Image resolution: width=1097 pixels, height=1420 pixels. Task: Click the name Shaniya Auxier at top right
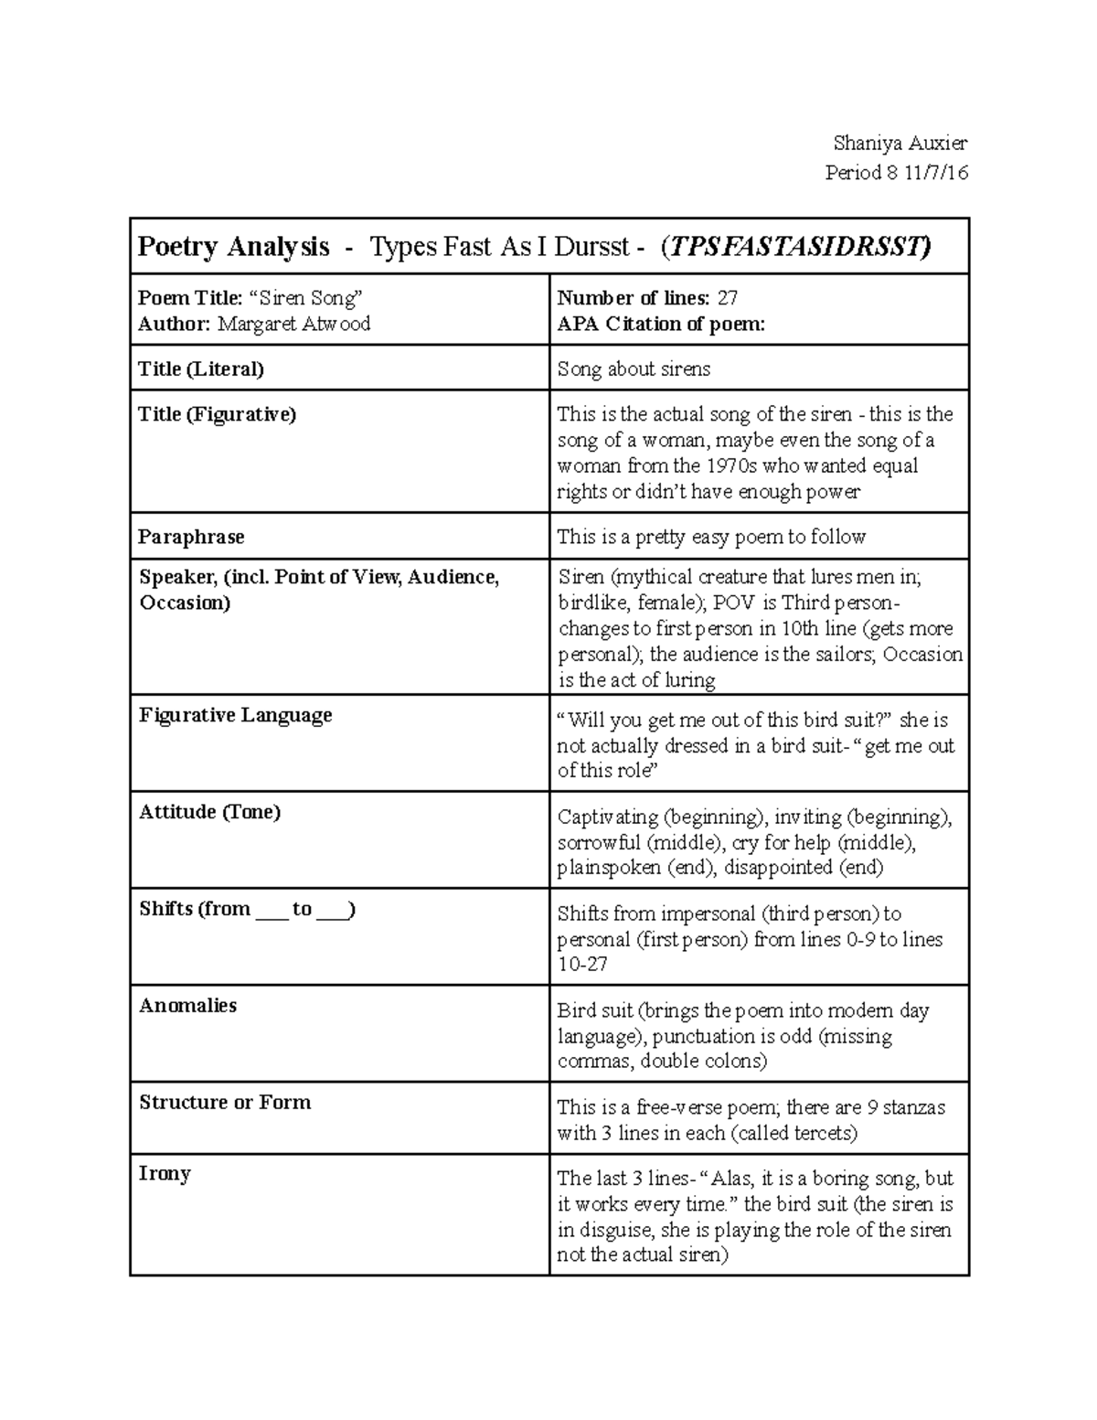[x=900, y=143]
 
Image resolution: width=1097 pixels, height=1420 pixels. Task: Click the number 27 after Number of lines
[x=728, y=298]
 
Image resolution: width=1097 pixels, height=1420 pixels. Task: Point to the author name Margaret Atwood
[x=293, y=324]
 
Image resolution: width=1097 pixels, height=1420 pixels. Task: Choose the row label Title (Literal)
[x=200, y=368]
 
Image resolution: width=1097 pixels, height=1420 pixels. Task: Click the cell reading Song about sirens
[x=634, y=368]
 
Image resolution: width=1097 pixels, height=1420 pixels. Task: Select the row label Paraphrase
[x=191, y=537]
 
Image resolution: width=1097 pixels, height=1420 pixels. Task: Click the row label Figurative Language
[x=236, y=715]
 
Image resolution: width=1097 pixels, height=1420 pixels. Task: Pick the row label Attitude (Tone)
[x=209, y=812]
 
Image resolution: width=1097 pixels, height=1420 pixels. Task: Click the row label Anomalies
[x=187, y=1006]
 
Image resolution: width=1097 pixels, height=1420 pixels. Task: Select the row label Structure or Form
[x=225, y=1103]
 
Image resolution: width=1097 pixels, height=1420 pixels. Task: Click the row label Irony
[x=165, y=1174]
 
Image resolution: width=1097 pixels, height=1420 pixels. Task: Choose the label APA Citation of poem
[x=660, y=324]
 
